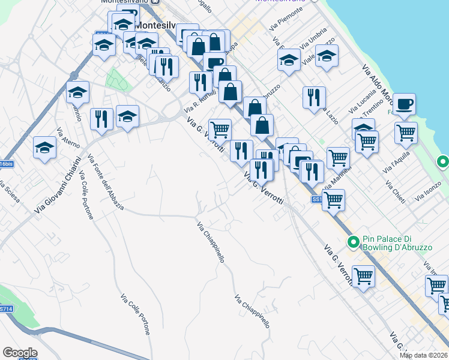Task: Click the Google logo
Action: [20, 353]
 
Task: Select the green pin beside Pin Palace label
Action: [354, 242]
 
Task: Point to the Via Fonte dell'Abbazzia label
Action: [106, 182]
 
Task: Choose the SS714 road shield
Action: [5, 308]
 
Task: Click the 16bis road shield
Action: [5, 164]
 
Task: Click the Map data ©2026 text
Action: [424, 355]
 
